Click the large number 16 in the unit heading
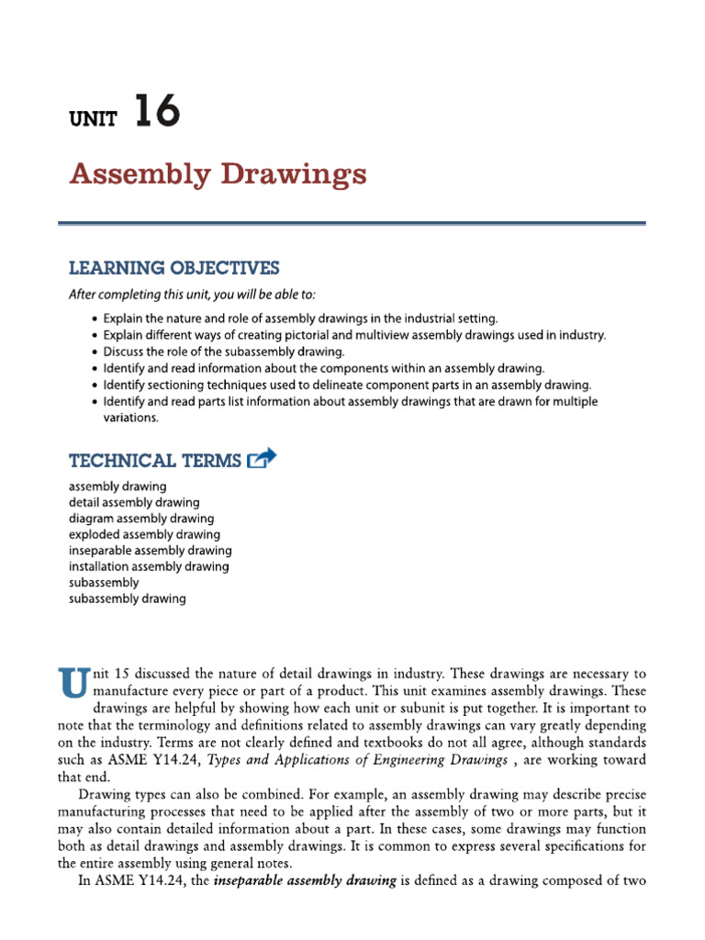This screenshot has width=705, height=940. [156, 114]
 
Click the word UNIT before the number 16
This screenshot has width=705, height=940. [94, 120]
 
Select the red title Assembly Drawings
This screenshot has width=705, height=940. [218, 173]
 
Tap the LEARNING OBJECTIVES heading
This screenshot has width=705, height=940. [173, 268]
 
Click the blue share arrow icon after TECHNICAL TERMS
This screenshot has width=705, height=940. [262, 457]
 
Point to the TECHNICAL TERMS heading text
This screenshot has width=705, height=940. [155, 460]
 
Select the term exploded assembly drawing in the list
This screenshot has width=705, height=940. [144, 534]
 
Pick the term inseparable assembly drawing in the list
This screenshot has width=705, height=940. [150, 551]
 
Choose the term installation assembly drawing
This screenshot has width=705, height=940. [149, 566]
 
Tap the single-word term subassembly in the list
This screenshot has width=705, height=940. [104, 583]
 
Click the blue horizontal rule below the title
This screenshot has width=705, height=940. [352, 223]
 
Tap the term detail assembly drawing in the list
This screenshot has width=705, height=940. [133, 502]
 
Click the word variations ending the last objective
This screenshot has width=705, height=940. [130, 418]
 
